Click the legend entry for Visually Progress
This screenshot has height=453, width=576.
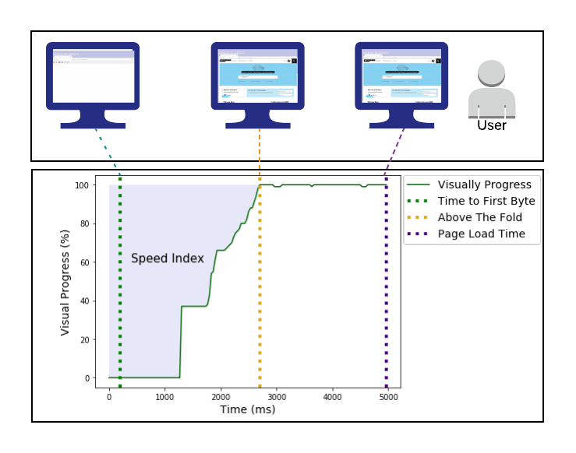[x=484, y=184]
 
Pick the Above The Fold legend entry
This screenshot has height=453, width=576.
[x=479, y=217]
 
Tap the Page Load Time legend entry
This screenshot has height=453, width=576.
[x=481, y=234]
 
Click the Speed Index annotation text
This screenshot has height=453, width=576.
[x=167, y=258]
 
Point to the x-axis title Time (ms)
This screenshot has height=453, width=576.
[x=247, y=409]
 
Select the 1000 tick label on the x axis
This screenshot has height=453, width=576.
[x=164, y=396]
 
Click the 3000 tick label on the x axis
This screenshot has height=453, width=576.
[x=277, y=396]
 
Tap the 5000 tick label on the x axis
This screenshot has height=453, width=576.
[x=388, y=396]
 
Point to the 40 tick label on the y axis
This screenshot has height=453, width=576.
[x=86, y=301]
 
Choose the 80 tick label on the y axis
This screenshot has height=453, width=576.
[x=86, y=224]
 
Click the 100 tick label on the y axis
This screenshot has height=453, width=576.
[x=83, y=185]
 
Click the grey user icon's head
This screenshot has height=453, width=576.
[x=492, y=74]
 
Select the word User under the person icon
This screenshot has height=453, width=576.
[x=492, y=125]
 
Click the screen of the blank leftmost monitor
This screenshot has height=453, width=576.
[x=94, y=75]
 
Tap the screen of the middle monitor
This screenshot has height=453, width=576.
[x=258, y=75]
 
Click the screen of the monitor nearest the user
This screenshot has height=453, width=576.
[x=401, y=75]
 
